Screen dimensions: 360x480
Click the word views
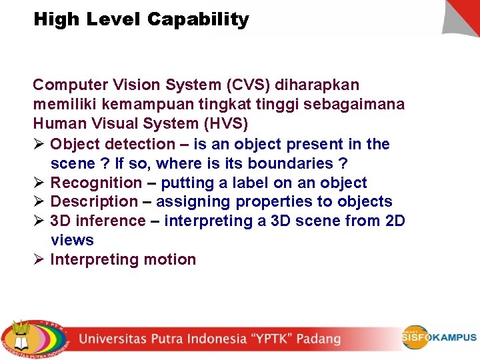(72, 240)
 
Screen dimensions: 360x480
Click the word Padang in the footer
(319, 339)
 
